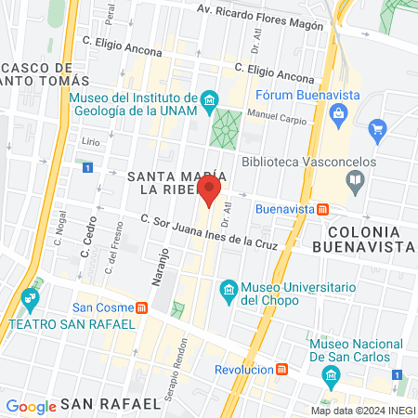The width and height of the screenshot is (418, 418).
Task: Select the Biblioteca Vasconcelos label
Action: pos(308,161)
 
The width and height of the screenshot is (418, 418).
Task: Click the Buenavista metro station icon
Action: pos(321,208)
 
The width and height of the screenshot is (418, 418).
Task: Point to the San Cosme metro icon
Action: pos(141,307)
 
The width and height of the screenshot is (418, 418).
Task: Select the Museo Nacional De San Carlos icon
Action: pos(327,374)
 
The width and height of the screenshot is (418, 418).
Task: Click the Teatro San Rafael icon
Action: pos(28,300)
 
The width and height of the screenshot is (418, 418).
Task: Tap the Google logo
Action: pos(31,406)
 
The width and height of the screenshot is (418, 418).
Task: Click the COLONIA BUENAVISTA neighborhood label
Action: pos(363,237)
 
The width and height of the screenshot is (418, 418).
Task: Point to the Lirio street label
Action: pos(90,140)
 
